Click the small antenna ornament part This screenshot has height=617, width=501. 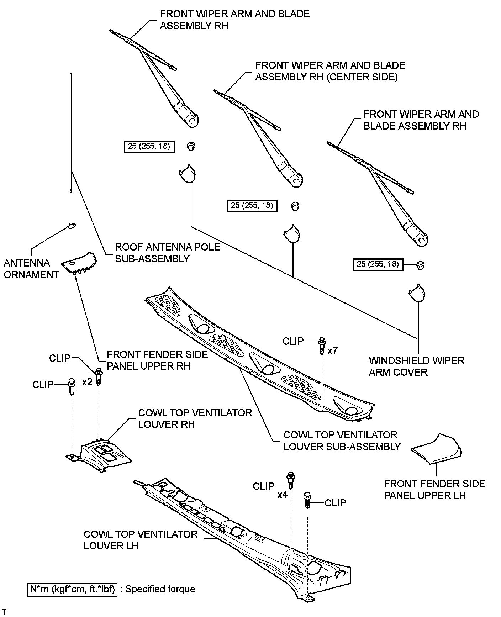point(72,225)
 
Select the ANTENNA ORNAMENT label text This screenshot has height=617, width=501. point(31,269)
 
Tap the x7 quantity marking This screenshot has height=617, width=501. point(332,350)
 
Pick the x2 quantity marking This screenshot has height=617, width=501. point(87,382)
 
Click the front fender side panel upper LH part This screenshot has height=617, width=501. point(437,450)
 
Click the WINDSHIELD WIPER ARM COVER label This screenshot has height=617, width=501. point(416,366)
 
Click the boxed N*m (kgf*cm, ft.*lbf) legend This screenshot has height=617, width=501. point(72,589)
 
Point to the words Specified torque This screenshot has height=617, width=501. point(160,589)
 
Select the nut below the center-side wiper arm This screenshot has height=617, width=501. point(295,206)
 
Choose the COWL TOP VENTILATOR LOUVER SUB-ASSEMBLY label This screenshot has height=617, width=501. point(342,441)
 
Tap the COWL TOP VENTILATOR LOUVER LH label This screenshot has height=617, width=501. point(141,540)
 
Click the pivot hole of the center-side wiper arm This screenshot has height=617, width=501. point(295,181)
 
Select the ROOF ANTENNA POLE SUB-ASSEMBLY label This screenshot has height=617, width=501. point(167,253)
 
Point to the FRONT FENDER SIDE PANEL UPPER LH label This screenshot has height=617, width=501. point(434,489)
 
